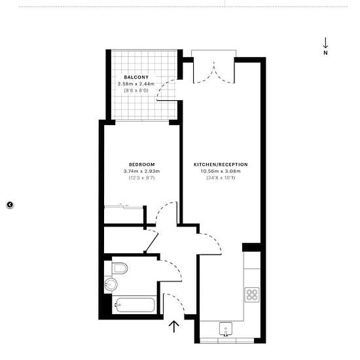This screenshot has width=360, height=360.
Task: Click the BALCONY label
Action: tap(136, 77)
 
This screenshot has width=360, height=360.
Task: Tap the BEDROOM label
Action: tap(141, 164)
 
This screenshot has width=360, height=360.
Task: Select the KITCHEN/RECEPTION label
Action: tap(221, 164)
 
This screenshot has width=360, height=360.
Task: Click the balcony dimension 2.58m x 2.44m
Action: tap(136, 84)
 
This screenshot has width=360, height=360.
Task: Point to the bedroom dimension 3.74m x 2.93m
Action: tap(141, 171)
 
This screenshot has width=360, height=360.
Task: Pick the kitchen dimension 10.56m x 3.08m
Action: tap(221, 171)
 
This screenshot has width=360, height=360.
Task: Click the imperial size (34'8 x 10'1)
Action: tap(221, 177)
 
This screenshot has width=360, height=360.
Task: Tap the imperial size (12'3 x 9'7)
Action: tap(141, 177)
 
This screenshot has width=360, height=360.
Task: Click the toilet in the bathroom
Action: tap(120, 268)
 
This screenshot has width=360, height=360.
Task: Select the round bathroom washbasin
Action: tap(111, 285)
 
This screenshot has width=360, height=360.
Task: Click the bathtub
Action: tap(135, 304)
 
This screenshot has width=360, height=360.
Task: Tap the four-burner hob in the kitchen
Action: tap(252, 295)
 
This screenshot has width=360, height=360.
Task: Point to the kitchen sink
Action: tap(226, 329)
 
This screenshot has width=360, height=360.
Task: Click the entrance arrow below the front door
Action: tap(174, 327)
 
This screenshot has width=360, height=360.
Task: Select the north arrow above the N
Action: tap(325, 43)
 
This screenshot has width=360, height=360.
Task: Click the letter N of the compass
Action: tap(325, 52)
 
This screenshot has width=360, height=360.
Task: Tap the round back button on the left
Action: tap(10, 205)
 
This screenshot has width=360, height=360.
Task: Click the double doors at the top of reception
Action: tap(214, 73)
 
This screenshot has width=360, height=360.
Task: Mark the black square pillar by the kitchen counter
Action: tap(251, 247)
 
